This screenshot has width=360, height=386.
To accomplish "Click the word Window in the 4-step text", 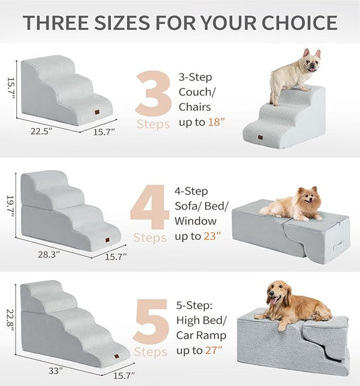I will point(195,221).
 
